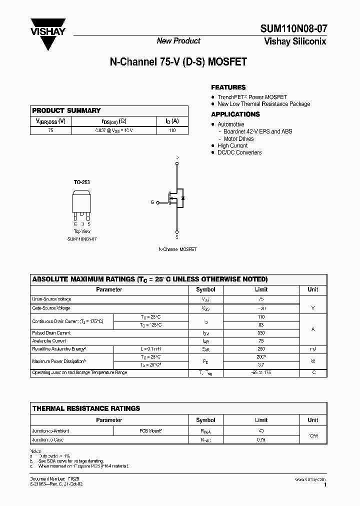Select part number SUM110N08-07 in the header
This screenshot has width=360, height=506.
293,30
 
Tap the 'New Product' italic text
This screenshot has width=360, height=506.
178,41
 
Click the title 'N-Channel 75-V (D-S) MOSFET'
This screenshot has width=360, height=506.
178,63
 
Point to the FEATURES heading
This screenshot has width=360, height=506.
228,87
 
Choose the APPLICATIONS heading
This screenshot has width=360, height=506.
235,114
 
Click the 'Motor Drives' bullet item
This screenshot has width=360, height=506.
238,138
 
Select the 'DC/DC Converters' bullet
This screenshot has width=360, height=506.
239,152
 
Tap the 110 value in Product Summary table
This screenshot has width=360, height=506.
172,130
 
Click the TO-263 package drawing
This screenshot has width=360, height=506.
82,203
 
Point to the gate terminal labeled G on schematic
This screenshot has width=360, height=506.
152,202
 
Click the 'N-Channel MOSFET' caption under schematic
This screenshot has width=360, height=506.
177,249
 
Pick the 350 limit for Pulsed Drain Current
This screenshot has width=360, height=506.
261,332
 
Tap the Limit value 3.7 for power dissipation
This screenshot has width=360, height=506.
261,365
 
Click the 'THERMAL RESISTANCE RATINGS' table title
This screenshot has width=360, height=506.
86,408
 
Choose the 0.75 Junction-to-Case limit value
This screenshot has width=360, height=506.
261,439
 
